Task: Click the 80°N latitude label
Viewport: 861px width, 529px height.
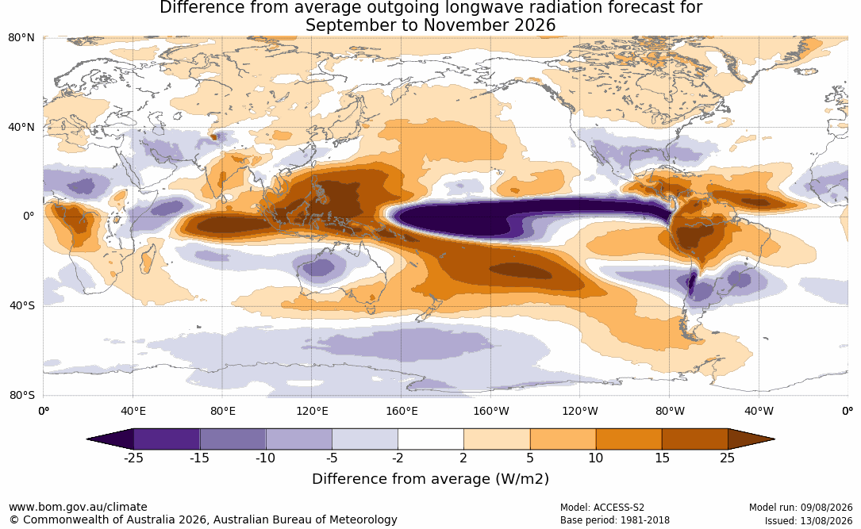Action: (x=21, y=38)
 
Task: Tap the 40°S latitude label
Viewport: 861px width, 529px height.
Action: (x=22, y=305)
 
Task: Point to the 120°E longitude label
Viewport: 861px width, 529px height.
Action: (x=312, y=411)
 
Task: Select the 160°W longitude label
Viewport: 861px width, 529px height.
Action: (x=490, y=411)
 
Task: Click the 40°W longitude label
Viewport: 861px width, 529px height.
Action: (x=759, y=411)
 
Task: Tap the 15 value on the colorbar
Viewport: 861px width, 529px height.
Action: (x=662, y=458)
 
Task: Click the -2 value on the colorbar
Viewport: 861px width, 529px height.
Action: (x=398, y=458)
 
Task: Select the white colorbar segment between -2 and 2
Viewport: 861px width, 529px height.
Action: (x=431, y=439)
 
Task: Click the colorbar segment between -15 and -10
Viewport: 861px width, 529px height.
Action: (x=233, y=439)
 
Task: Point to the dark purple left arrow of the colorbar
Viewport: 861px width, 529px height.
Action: (x=110, y=439)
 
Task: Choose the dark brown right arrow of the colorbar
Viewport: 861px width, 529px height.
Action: (x=751, y=439)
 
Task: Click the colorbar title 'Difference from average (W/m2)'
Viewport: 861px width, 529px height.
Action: (x=430, y=479)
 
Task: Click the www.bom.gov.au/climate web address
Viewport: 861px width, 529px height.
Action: (x=78, y=507)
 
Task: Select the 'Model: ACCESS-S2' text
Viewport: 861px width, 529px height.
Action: (x=602, y=508)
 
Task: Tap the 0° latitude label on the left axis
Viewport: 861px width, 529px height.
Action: (x=29, y=217)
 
